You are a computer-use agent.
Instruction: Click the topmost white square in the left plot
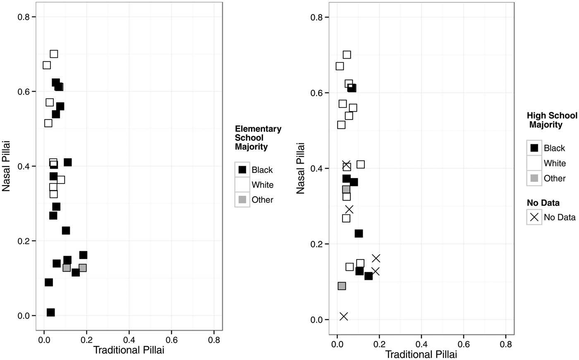[x=54, y=54]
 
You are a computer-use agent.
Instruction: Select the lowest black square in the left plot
[x=50, y=312]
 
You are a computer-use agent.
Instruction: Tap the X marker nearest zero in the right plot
[x=344, y=316]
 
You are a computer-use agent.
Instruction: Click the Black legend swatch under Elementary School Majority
[x=242, y=169]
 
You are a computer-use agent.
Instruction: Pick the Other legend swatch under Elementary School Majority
[x=242, y=200]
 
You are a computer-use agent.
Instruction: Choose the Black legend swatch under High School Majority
[x=534, y=148]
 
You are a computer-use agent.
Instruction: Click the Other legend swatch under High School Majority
[x=534, y=178]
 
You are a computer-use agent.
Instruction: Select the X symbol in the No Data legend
[x=534, y=217]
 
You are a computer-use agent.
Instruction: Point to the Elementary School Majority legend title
[x=258, y=138]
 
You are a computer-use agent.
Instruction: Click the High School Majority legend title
[x=551, y=120]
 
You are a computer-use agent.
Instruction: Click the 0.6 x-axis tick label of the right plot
[x=464, y=344]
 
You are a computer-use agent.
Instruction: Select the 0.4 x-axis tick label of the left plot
[x=129, y=340]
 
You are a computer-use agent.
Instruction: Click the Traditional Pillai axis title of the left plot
[x=129, y=350]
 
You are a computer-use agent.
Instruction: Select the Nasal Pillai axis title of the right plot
[x=301, y=168]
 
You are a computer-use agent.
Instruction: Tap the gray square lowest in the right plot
[x=342, y=286]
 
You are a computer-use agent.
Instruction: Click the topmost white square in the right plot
[x=347, y=55]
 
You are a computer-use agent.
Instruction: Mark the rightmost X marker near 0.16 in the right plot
[x=376, y=258]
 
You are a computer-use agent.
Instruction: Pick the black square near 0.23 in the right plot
[x=359, y=234]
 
